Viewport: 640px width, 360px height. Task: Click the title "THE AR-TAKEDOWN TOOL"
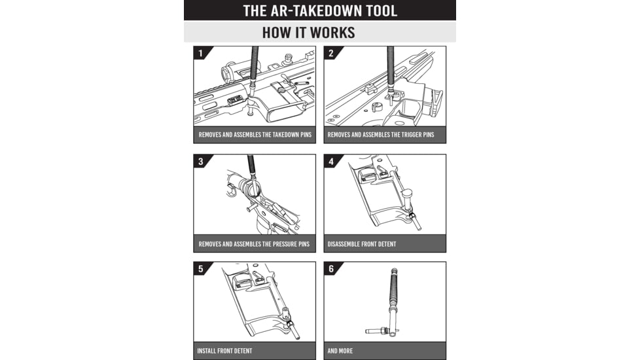coord(319,10)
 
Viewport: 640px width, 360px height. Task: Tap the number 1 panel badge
coord(200,53)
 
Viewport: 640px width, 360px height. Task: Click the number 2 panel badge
coord(330,53)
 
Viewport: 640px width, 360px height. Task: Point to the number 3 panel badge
coord(200,161)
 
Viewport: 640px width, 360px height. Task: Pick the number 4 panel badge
coord(330,161)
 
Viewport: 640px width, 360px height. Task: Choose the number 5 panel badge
coord(200,269)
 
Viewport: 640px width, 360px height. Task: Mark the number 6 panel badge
coord(330,269)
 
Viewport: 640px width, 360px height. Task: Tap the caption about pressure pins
coord(254,244)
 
